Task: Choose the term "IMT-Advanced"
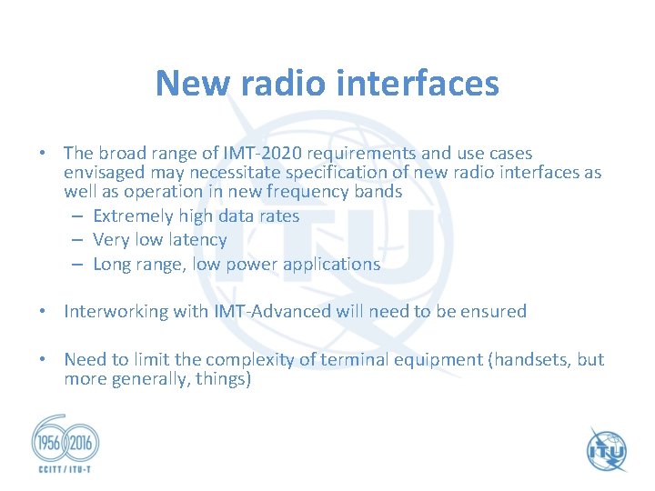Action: point(272,312)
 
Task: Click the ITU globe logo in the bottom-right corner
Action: point(606,449)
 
